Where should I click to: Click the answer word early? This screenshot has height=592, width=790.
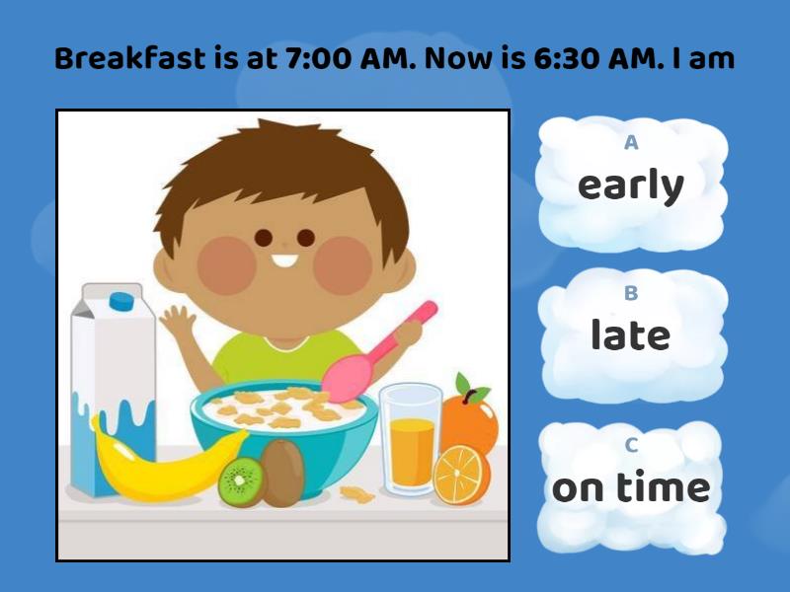(x=630, y=185)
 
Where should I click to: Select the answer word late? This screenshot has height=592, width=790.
(x=630, y=335)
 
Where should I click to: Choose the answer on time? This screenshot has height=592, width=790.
(x=630, y=487)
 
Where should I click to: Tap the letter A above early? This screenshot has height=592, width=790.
(x=631, y=143)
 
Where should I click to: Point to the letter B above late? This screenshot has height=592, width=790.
(x=631, y=293)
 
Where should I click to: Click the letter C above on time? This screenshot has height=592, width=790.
(x=631, y=445)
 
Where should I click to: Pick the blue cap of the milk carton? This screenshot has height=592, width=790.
(x=122, y=299)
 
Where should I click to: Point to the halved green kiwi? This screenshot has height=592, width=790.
(x=241, y=482)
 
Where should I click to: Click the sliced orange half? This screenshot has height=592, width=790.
(x=460, y=474)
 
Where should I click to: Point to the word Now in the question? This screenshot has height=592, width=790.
(x=457, y=59)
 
